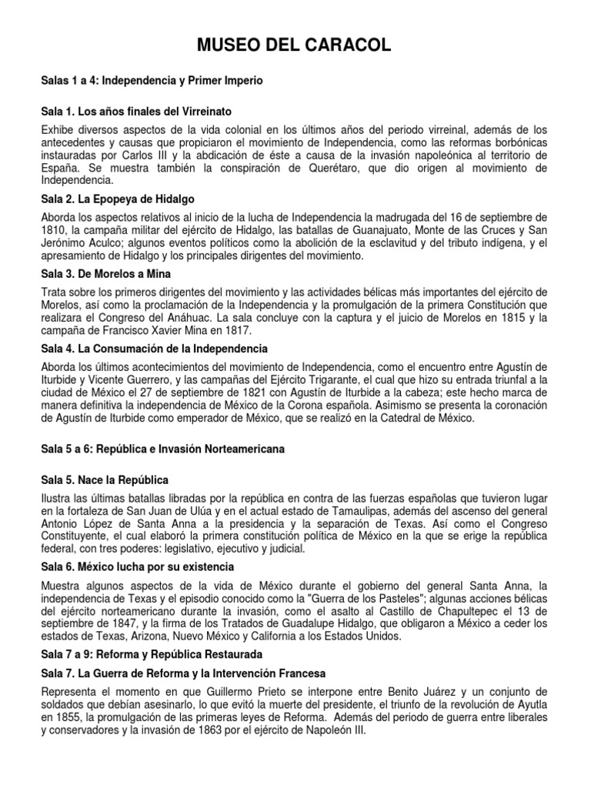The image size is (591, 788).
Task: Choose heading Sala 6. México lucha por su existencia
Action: click(138, 566)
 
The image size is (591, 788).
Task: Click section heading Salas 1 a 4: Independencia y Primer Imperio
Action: click(152, 80)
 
